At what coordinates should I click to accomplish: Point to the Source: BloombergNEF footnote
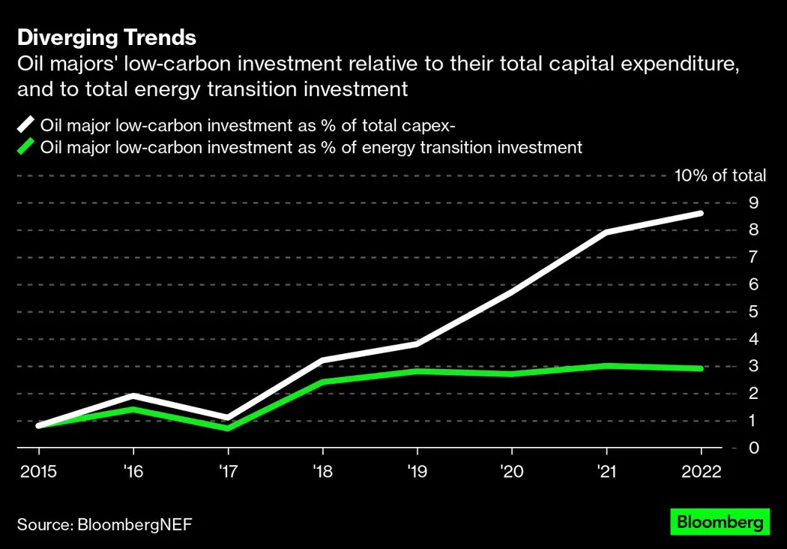[x=104, y=523]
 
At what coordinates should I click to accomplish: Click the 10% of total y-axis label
[x=720, y=175]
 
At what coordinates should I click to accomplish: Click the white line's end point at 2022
[x=701, y=213]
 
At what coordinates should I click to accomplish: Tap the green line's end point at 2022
[x=701, y=368]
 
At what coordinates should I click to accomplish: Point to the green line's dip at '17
[x=227, y=428]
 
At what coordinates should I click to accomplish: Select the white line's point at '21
[x=606, y=232]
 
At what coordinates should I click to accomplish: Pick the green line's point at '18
[x=322, y=382]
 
